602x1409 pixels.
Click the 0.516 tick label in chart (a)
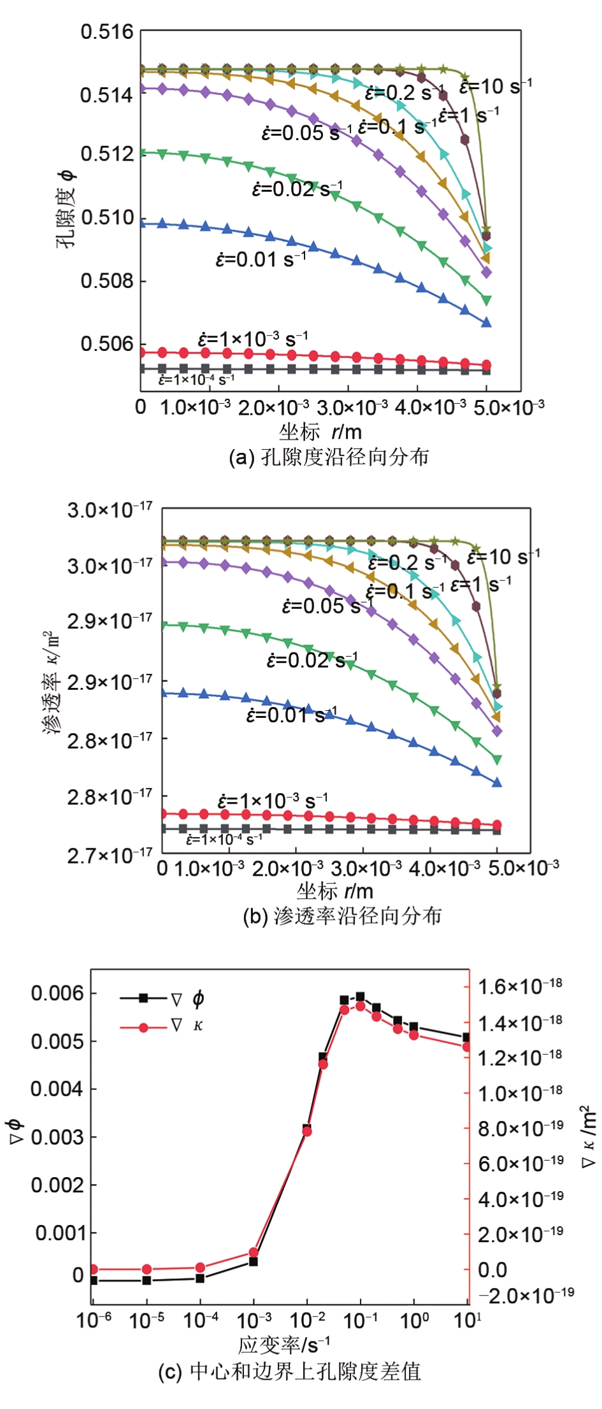[106, 32]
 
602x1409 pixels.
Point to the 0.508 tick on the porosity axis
[106, 280]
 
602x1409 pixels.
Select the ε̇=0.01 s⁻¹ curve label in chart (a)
[261, 260]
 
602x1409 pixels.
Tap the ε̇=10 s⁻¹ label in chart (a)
[496, 86]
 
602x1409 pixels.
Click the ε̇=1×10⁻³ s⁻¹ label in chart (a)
[252, 339]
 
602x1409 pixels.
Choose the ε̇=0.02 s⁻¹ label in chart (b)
[312, 660]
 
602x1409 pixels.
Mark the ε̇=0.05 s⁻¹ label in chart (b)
[327, 606]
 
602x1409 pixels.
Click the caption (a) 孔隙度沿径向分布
[329, 457]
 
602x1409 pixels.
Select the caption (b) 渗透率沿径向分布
[342, 916]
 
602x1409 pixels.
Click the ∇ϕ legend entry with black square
[162, 999]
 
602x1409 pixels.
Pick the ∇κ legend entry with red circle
[162, 1027]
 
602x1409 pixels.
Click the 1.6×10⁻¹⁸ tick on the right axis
[520, 987]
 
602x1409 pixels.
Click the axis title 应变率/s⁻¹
[284, 1345]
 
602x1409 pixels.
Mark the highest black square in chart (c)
[360, 996]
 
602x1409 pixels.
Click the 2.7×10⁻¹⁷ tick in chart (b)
[110, 855]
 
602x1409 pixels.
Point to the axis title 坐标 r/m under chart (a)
[320, 432]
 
